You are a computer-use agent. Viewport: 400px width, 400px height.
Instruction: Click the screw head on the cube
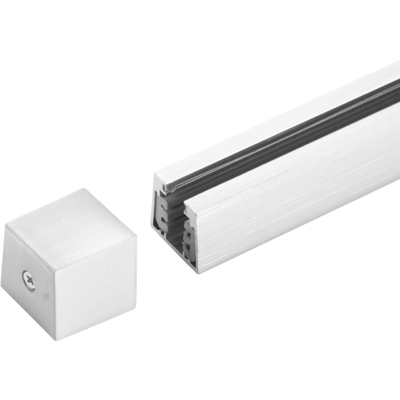coord(28,280)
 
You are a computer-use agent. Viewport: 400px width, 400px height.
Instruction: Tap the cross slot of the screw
coord(28,280)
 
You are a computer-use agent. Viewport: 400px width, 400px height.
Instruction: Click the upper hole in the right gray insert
coord(190,231)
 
